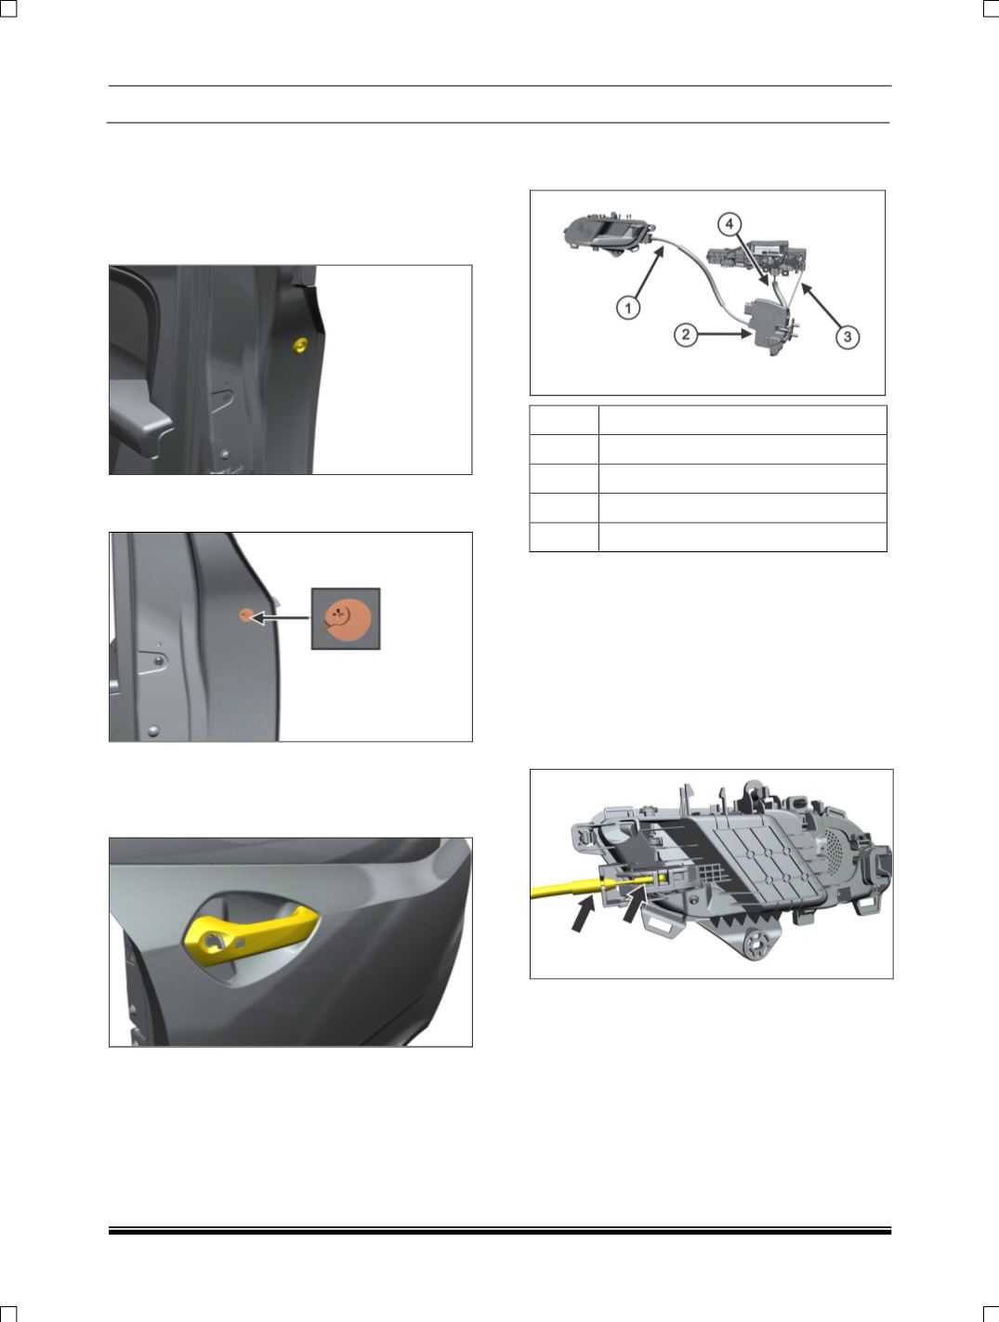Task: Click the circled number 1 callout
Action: point(628,309)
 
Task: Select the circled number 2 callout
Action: point(686,335)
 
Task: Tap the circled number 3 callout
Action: point(848,336)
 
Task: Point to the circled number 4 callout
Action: point(730,224)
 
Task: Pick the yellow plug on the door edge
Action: point(300,345)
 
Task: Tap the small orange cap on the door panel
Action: point(245,615)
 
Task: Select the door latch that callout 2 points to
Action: point(771,328)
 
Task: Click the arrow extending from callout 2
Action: point(725,334)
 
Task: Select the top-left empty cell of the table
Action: point(564,420)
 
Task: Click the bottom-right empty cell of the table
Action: point(743,536)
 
